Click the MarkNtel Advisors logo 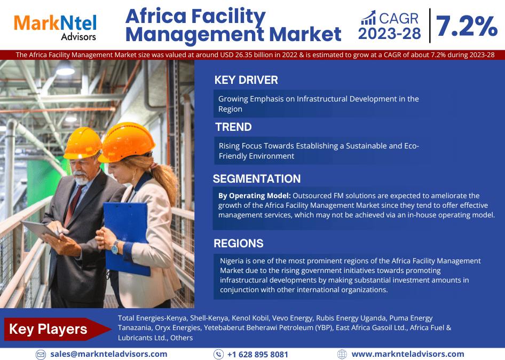click(55, 27)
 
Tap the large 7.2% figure click(467, 26)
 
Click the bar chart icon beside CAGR click(368, 18)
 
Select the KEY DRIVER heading click(246, 80)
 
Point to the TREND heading click(233, 127)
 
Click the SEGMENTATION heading click(257, 178)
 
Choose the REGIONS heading click(239, 244)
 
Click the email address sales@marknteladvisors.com click(109, 354)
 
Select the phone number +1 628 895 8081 click(258, 355)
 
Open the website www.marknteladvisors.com click(408, 354)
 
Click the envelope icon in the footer click(41, 355)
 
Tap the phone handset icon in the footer click(219, 355)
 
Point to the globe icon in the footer click(342, 354)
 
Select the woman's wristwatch click(115, 247)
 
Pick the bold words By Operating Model click(255, 196)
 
